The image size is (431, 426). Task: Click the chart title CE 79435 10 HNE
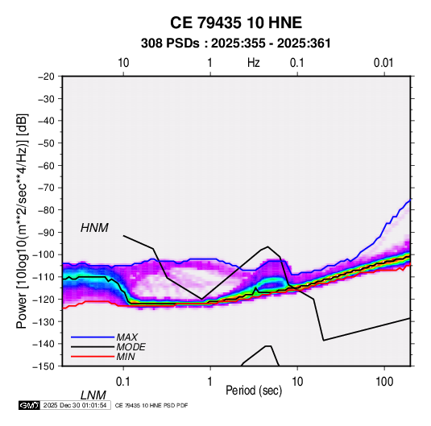click(x=236, y=23)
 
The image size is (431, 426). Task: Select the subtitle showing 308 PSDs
click(x=236, y=43)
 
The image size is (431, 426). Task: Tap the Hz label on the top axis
click(x=254, y=63)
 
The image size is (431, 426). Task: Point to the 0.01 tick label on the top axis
click(x=383, y=63)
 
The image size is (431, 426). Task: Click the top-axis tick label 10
click(x=123, y=63)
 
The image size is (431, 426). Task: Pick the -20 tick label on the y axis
click(x=46, y=77)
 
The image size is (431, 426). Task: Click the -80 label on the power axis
click(x=46, y=210)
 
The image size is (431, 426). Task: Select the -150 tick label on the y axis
click(x=44, y=366)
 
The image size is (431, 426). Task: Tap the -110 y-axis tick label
click(x=44, y=277)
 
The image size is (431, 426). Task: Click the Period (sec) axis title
click(x=254, y=391)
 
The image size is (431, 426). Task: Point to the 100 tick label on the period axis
click(x=384, y=382)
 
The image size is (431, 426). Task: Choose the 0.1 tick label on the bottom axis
click(x=122, y=382)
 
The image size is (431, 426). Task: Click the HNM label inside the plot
click(x=94, y=228)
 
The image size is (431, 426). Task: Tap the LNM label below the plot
click(x=93, y=395)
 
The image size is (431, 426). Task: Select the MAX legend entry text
click(x=127, y=337)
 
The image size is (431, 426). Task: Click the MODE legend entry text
click(x=131, y=347)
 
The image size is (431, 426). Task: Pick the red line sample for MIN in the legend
click(x=93, y=357)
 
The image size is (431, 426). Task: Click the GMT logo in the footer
click(x=29, y=405)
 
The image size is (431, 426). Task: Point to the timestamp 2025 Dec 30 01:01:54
click(x=75, y=405)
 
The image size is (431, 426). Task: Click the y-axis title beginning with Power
click(x=22, y=221)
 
